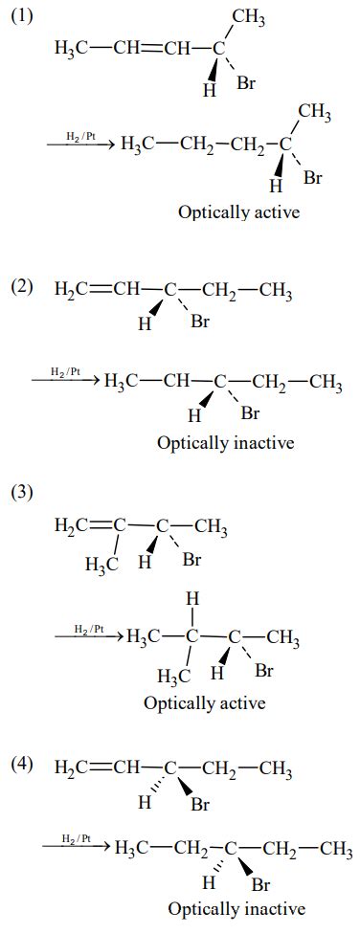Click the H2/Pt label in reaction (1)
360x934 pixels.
(79, 137)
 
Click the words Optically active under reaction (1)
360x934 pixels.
(238, 212)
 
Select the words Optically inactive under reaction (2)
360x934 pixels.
(225, 443)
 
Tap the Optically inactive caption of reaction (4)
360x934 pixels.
(236, 908)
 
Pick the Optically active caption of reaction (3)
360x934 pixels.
(204, 702)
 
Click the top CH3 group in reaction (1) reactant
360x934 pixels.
(249, 16)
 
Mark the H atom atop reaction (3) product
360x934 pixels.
(191, 598)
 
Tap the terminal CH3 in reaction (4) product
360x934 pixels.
(336, 849)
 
